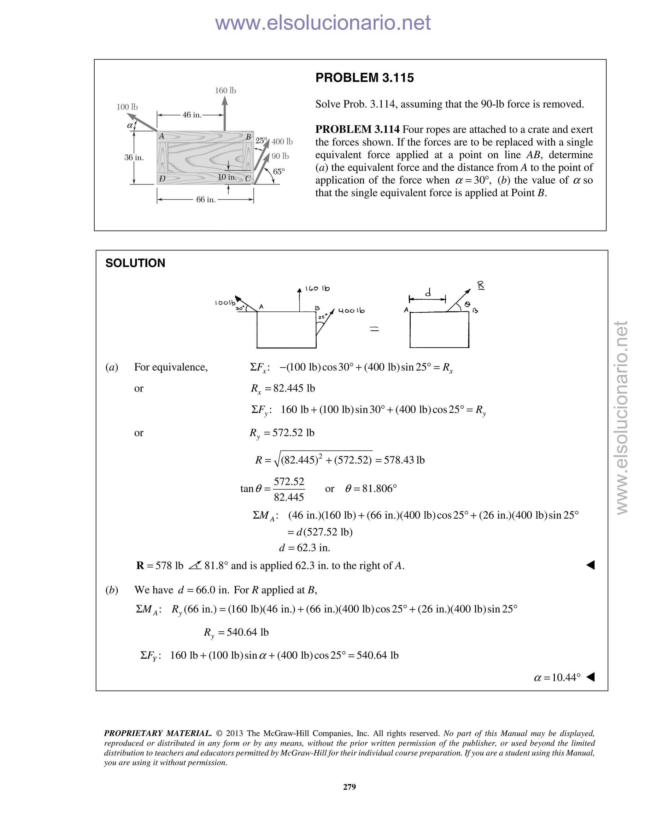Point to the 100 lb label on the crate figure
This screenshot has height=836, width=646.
[127, 107]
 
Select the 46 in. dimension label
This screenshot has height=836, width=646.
[192, 115]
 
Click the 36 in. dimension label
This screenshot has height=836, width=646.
[134, 157]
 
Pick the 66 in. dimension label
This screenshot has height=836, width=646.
[206, 199]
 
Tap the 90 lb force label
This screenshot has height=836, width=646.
[280, 156]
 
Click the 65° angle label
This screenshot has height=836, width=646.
[279, 172]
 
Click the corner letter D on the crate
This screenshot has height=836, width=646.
[162, 178]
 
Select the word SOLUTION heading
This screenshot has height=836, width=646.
[135, 263]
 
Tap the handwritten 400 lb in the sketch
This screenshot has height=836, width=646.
[351, 311]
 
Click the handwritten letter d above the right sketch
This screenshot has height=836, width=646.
[428, 293]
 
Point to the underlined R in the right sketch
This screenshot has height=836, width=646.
[481, 285]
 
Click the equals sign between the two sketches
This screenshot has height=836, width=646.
[374, 328]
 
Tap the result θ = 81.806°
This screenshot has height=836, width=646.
[371, 488]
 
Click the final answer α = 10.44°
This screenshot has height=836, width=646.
[557, 678]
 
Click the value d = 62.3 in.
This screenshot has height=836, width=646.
[304, 548]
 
